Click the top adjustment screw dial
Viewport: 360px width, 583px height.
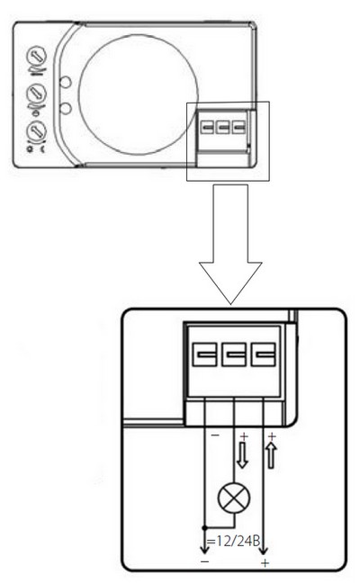36,56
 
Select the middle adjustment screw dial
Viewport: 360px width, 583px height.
36,94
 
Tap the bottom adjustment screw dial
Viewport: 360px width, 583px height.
36,131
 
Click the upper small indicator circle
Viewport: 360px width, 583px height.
66,82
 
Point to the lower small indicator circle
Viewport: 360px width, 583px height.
66,108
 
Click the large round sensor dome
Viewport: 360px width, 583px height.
139,94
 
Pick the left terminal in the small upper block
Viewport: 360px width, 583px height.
207,128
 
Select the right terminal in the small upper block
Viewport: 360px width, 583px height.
238,128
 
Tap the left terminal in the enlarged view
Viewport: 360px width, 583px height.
204,354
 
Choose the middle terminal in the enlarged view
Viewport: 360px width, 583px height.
234,354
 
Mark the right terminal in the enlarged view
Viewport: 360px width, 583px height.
264,354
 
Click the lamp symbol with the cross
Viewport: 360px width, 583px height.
234,498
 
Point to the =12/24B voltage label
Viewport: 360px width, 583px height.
233,541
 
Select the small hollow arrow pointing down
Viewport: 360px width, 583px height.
242,454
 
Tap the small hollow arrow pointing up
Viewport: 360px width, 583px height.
272,454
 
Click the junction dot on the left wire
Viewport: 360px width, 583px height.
204,527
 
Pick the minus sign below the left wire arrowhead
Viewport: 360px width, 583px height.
205,561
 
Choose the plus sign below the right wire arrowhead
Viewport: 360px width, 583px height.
265,563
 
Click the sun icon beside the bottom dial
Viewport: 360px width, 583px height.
30,148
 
